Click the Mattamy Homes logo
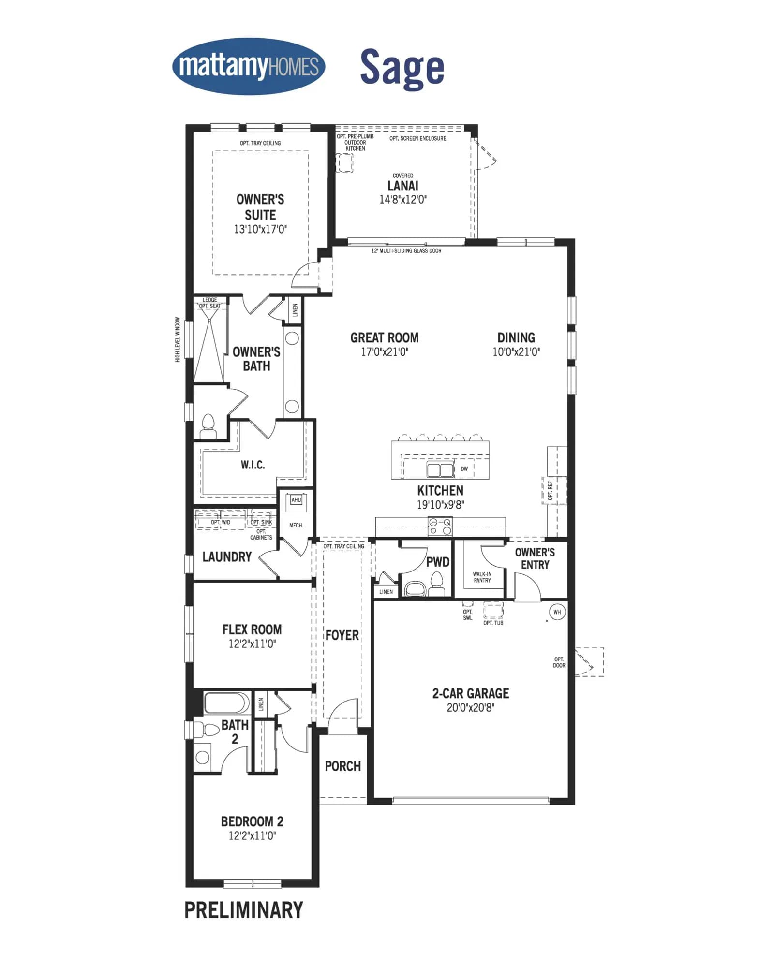click(x=249, y=66)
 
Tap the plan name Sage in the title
click(x=402, y=68)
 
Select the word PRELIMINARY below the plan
click(x=244, y=910)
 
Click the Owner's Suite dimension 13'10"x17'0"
click(x=260, y=229)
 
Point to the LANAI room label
click(x=403, y=186)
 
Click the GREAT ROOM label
click(x=385, y=337)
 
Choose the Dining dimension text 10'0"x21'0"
click(x=516, y=352)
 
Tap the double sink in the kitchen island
click(x=440, y=469)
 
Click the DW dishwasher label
click(x=464, y=469)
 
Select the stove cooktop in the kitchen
click(x=440, y=526)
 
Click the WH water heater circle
click(x=557, y=612)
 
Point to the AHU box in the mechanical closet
click(x=296, y=500)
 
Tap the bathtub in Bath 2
click(x=227, y=703)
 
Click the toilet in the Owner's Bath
click(x=208, y=426)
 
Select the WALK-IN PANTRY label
click(x=482, y=577)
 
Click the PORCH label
click(x=343, y=766)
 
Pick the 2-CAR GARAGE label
click(x=471, y=693)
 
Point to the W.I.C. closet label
click(x=253, y=465)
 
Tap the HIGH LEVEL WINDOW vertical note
click(x=178, y=339)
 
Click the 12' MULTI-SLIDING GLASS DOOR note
click(x=406, y=251)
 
